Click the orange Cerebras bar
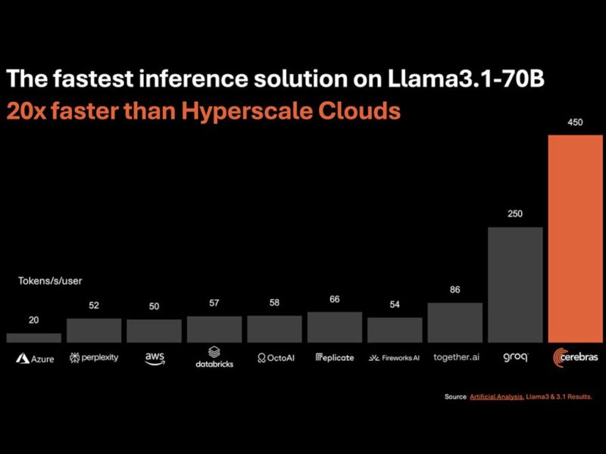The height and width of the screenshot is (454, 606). tap(575, 239)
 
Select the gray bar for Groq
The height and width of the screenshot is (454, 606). tap(515, 285)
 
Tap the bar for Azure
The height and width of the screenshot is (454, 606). tap(33, 337)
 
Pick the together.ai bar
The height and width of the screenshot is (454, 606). tap(455, 322)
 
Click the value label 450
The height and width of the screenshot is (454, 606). tap(575, 122)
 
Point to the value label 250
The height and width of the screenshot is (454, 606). tap(515, 214)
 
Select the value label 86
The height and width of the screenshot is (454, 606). tap(455, 289)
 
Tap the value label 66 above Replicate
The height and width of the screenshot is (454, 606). tap(335, 299)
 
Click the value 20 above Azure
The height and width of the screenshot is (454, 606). tap(33, 320)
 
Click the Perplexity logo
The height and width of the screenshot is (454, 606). tap(94, 357)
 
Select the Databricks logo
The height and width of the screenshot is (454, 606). tap(214, 356)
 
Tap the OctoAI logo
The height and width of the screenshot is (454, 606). tap(274, 357)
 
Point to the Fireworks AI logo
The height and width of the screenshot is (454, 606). tap(395, 358)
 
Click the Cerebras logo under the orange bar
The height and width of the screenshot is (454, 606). tap(575, 357)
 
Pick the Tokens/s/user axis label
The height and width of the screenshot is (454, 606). tap(50, 281)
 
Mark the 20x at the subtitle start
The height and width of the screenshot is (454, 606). tap(26, 111)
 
